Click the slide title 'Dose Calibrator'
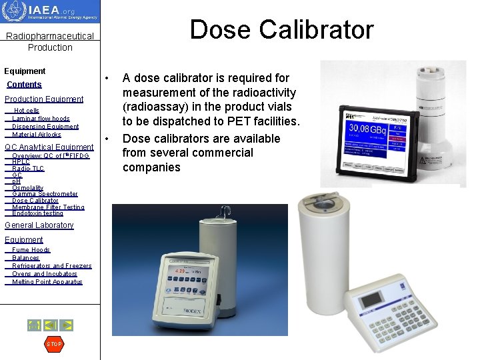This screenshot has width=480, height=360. pyautogui.click(x=281, y=29)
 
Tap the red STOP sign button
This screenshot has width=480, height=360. pyautogui.click(x=53, y=344)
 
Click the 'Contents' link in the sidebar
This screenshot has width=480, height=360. pyautogui.click(x=24, y=85)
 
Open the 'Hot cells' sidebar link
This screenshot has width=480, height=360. pyautogui.click(x=27, y=111)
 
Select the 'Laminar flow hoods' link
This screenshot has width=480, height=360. pyautogui.click(x=41, y=119)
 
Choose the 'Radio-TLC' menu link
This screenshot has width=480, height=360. pyautogui.click(x=28, y=169)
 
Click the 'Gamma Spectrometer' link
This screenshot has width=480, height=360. pyautogui.click(x=45, y=194)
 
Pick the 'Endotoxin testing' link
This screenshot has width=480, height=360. pyautogui.click(x=37, y=213)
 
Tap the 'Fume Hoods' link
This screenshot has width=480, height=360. pyautogui.click(x=31, y=250)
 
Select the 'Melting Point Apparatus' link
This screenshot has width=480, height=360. pyautogui.click(x=47, y=282)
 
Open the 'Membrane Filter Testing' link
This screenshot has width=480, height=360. pyautogui.click(x=48, y=207)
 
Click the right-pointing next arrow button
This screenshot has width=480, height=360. pyautogui.click(x=67, y=325)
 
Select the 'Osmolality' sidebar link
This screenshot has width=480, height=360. pyautogui.click(x=27, y=188)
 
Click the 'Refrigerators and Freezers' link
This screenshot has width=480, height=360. pyautogui.click(x=52, y=266)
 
